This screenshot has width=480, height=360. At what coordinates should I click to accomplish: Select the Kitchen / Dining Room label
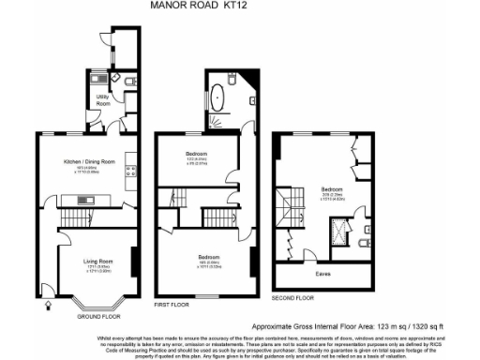point(88,161)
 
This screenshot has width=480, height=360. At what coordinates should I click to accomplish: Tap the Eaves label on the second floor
point(322,274)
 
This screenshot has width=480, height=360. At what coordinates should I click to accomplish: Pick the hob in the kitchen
point(130,171)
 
